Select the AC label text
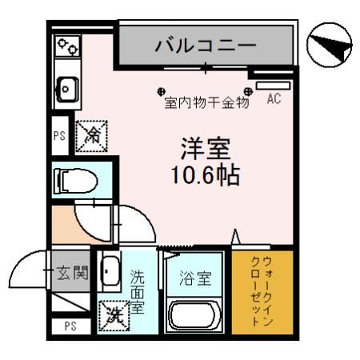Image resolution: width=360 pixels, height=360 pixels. (274, 100)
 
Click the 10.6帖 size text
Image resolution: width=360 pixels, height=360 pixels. (205, 176)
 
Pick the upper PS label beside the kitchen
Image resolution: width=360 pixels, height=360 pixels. (58, 136)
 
